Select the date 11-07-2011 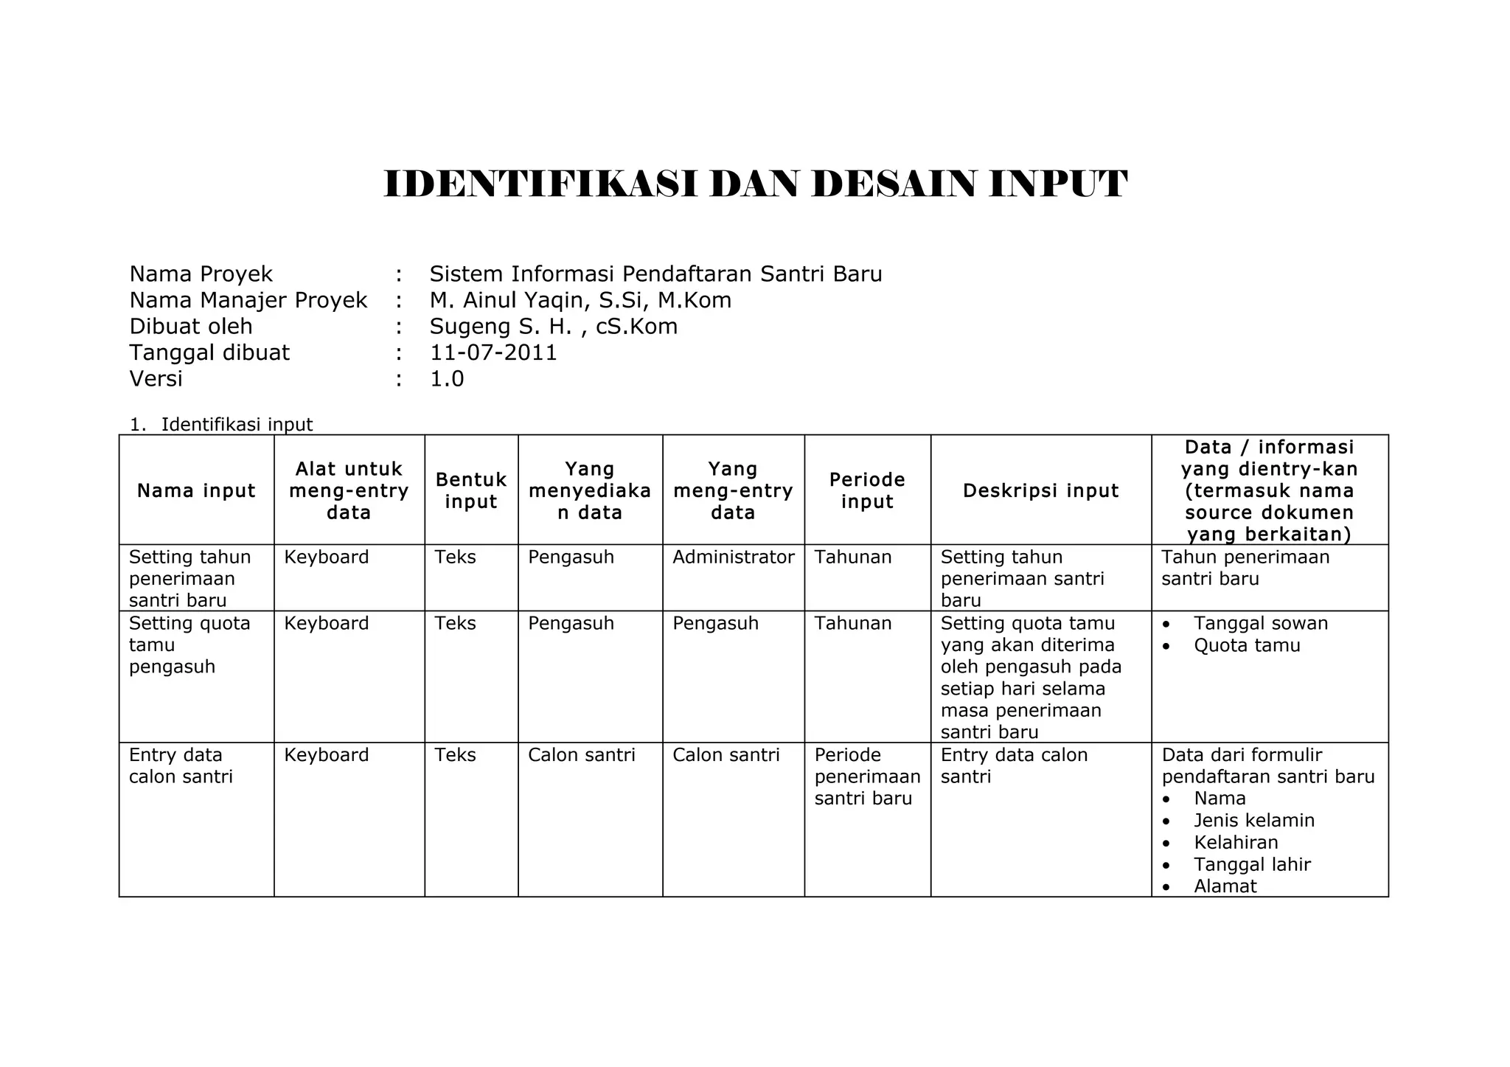[493, 352]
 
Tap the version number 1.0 [447, 379]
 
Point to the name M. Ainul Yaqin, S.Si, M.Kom [580, 300]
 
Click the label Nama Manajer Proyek [248, 300]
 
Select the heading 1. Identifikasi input [221, 425]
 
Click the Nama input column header [196, 490]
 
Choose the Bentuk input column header [471, 490]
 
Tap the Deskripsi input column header [1040, 490]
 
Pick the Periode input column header [867, 490]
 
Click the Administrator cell [733, 557]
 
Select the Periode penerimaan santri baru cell [867, 776]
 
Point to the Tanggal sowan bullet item [1261, 623]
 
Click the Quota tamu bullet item [1247, 645]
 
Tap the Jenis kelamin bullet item [1254, 820]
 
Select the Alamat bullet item [1225, 886]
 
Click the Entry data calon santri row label [181, 765]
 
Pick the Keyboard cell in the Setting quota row [327, 623]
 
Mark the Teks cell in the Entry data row [455, 754]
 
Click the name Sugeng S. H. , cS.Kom [553, 327]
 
